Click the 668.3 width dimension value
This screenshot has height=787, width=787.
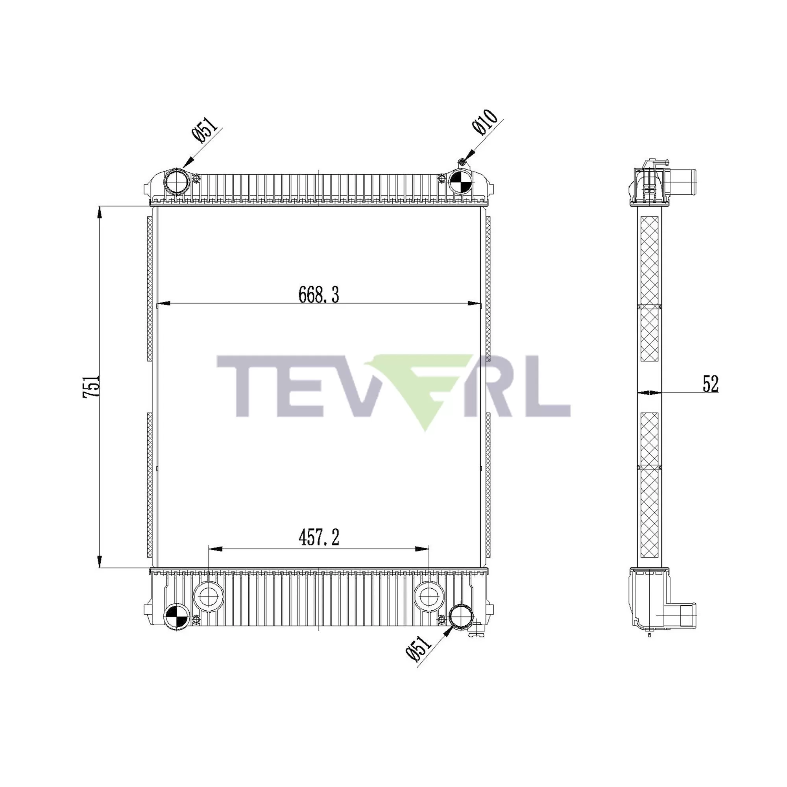pyautogui.click(x=319, y=294)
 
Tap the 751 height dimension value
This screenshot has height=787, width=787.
pyautogui.click(x=91, y=386)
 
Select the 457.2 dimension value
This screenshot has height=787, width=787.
pyautogui.click(x=319, y=538)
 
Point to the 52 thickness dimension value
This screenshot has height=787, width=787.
pyautogui.click(x=711, y=384)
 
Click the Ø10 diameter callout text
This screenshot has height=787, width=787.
pyautogui.click(x=485, y=122)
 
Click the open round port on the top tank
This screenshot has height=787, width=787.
pyautogui.click(x=176, y=181)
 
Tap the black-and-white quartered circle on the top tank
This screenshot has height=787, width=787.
pyautogui.click(x=461, y=181)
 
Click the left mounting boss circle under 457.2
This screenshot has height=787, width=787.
pyautogui.click(x=209, y=597)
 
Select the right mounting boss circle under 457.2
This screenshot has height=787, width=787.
pyautogui.click(x=429, y=597)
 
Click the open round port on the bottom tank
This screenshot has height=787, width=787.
pyautogui.click(x=461, y=617)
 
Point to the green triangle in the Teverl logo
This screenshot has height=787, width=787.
pyautogui.click(x=424, y=391)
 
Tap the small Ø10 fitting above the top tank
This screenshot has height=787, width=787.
pyautogui.click(x=462, y=163)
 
